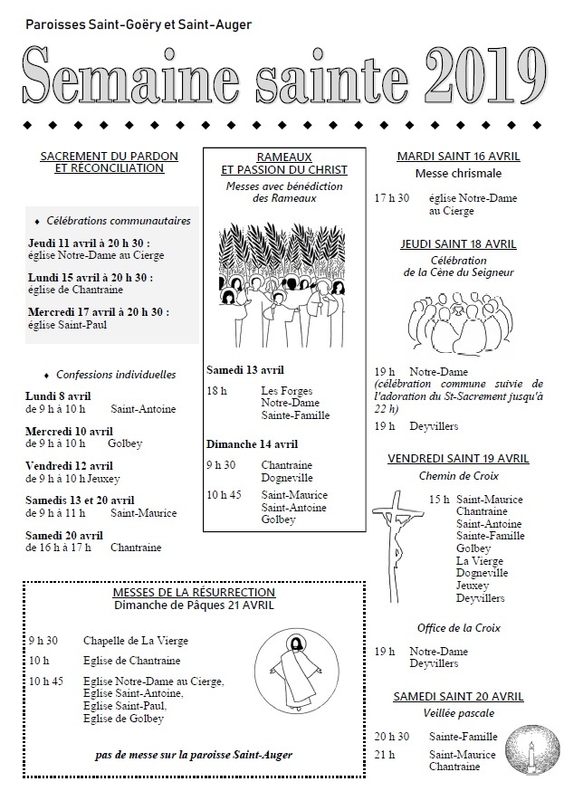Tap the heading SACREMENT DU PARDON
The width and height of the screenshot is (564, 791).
(109, 157)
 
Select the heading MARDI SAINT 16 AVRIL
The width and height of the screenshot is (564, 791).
(458, 157)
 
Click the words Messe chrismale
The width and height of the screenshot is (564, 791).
(458, 173)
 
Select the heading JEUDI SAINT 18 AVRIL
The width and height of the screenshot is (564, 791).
(458, 243)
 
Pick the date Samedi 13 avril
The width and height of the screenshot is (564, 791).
(244, 370)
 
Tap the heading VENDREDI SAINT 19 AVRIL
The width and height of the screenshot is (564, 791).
(458, 459)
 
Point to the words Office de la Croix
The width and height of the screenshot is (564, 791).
(458, 628)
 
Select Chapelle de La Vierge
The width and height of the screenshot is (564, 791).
(136, 640)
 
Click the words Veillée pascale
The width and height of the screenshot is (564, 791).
(458, 712)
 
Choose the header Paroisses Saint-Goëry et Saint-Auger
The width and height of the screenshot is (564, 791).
(139, 24)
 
